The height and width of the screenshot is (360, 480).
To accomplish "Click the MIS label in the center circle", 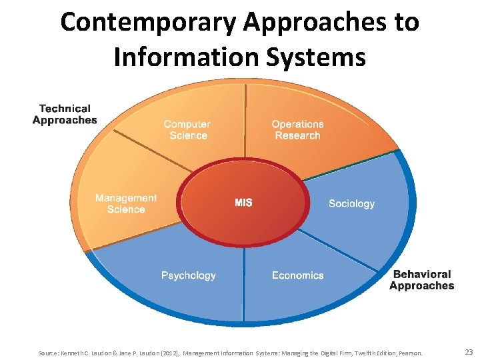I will click(x=243, y=203).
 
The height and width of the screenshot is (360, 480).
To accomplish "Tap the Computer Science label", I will click(x=187, y=129).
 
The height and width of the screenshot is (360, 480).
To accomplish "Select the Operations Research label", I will click(x=297, y=129).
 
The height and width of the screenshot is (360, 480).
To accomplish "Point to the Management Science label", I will click(x=126, y=203).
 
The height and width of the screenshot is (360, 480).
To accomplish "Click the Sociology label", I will click(x=351, y=203).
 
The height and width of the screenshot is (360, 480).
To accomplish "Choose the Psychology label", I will click(x=189, y=275).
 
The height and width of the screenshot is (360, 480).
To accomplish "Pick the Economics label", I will click(x=297, y=275).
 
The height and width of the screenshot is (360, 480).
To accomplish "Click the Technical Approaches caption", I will click(x=65, y=114).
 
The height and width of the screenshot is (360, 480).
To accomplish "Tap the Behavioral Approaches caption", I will click(x=421, y=280).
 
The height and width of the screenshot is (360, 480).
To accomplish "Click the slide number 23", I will click(x=468, y=351).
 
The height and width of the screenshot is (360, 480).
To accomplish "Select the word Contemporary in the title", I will click(x=148, y=22).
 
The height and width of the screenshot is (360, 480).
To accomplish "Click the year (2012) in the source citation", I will click(x=167, y=352).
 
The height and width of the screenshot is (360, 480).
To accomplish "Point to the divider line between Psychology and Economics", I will click(x=244, y=280).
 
